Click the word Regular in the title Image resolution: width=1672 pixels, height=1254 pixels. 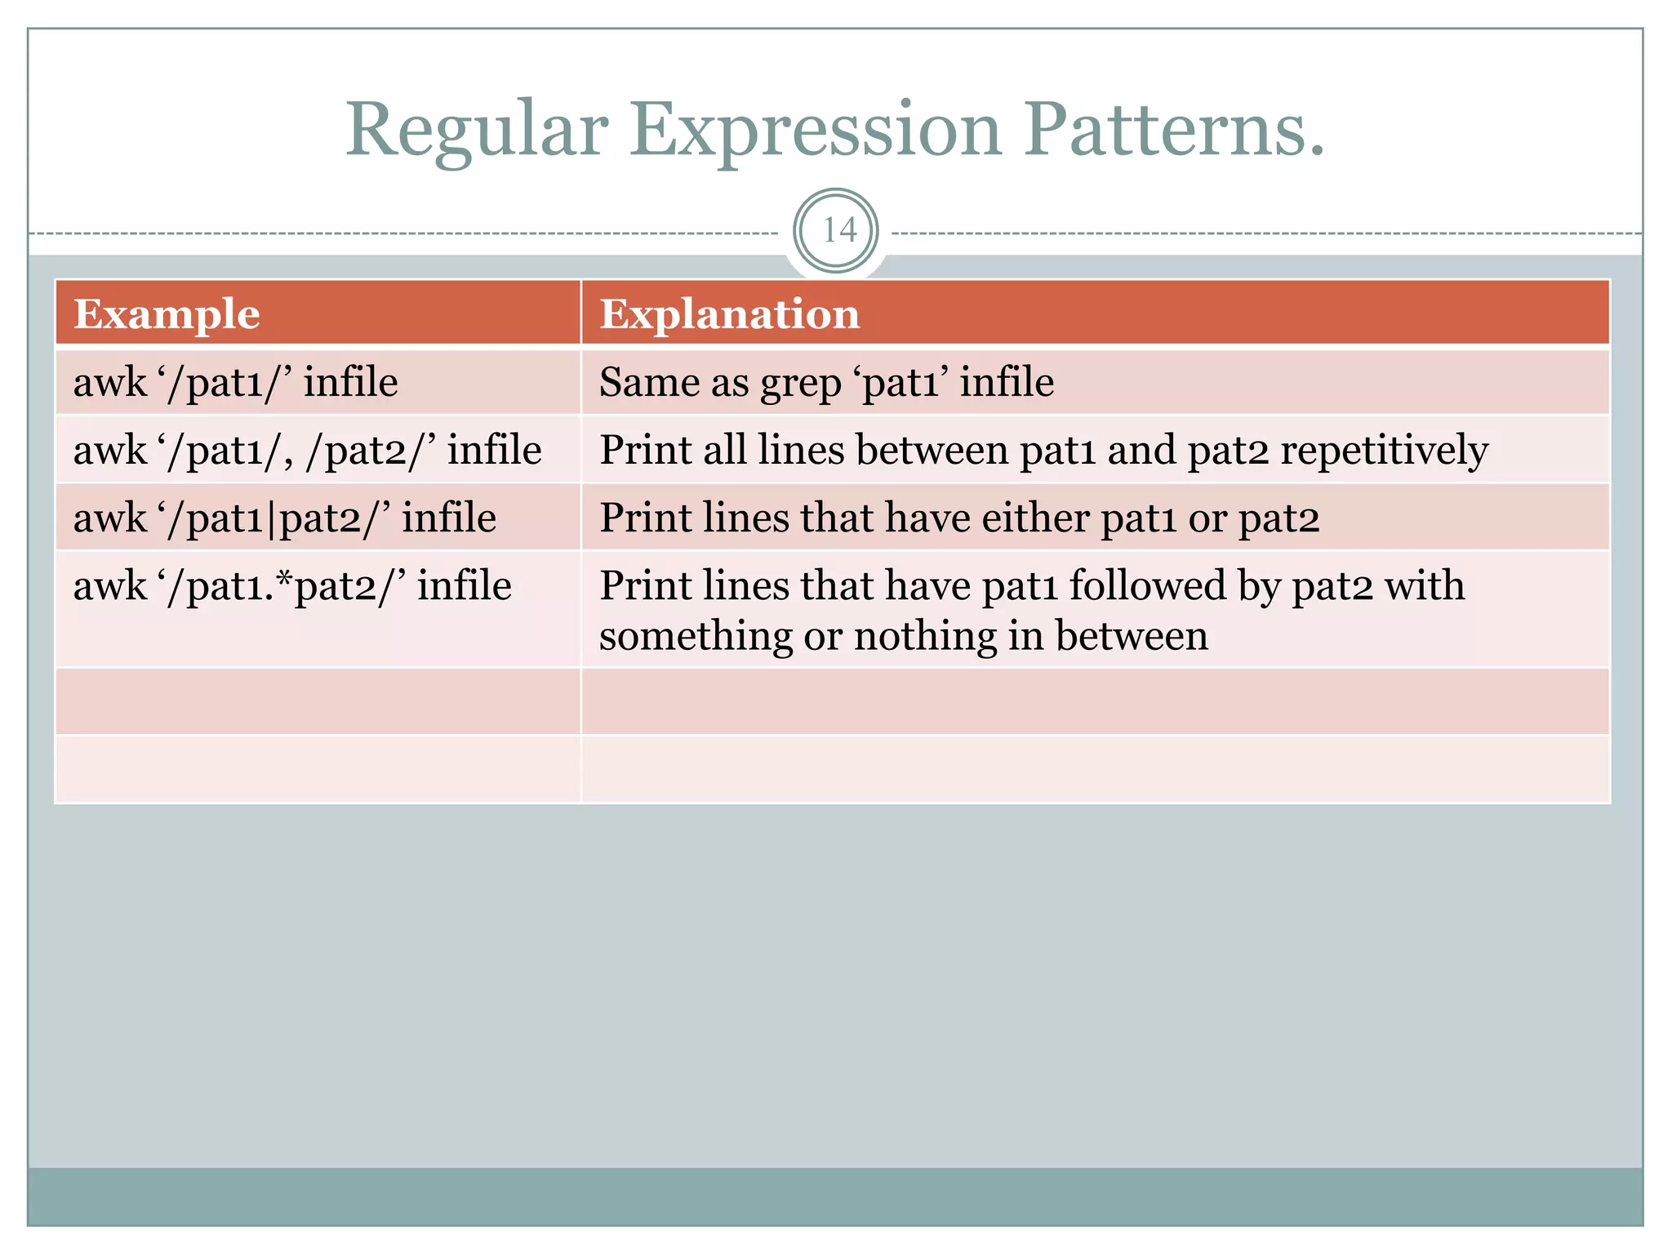tap(477, 131)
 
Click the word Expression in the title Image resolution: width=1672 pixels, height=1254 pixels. tap(814, 131)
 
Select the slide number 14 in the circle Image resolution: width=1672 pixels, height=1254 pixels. tap(838, 231)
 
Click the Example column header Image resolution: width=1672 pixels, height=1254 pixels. tap(167, 314)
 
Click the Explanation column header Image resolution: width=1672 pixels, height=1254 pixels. tap(729, 314)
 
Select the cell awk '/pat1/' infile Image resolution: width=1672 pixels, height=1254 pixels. tap(235, 382)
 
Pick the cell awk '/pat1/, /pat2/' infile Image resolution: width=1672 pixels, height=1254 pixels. tap(307, 450)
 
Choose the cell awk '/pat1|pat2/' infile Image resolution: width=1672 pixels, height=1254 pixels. tap(284, 518)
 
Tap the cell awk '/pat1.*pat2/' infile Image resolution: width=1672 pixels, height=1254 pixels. tap(292, 586)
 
